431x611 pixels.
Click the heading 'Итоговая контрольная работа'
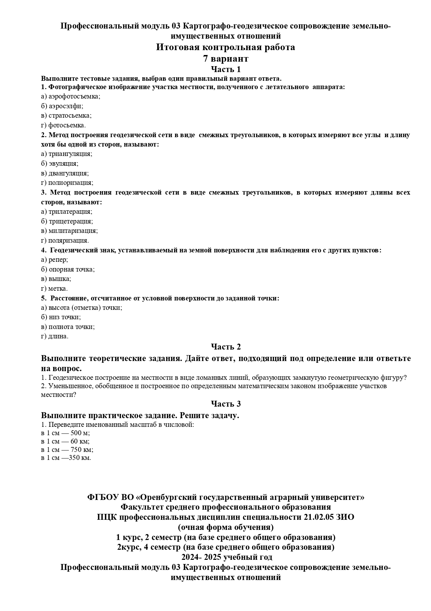[225, 47]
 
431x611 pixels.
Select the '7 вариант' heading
[225, 58]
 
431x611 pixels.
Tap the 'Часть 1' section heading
[226, 69]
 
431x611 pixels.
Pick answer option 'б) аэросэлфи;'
[62, 106]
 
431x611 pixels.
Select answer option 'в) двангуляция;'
[65, 173]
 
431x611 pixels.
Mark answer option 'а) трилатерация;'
[66, 212]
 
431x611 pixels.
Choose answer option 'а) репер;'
[54, 260]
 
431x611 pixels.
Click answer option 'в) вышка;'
[56, 279]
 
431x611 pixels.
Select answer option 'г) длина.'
[55, 336]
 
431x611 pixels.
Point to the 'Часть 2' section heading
[226, 347]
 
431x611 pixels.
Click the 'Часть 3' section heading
[226, 404]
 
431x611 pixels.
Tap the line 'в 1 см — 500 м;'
[65, 433]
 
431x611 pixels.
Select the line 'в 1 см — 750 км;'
[67, 449]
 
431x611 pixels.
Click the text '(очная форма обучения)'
[226, 527]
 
